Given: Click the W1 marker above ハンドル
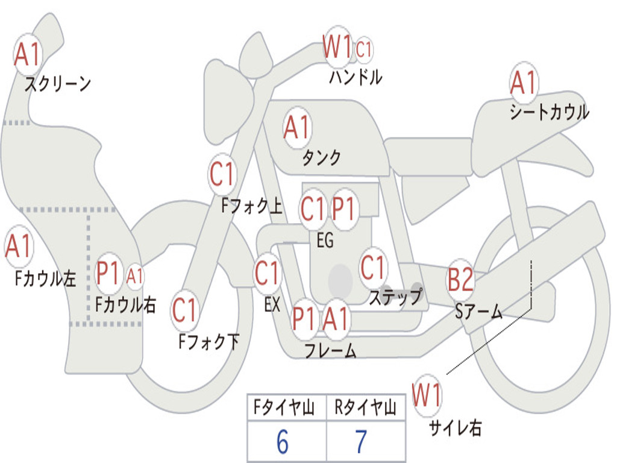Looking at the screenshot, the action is [337, 47].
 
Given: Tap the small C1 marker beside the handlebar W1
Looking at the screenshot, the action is [363, 50].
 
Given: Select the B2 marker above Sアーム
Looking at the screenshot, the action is [460, 280].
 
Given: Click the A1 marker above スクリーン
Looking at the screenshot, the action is [28, 54].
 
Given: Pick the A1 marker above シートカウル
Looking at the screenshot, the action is [524, 82].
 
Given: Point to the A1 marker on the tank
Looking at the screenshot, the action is [298, 128].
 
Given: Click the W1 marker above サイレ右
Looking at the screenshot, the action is [427, 395].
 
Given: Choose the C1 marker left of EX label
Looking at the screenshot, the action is [267, 273].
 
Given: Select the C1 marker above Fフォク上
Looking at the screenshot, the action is [222, 174].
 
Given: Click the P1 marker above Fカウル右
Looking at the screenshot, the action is [108, 273].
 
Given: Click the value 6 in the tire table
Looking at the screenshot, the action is [283, 442].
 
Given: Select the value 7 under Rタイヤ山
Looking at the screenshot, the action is [362, 442].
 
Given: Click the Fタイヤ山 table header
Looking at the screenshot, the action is [284, 408].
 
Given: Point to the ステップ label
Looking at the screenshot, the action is [395, 297].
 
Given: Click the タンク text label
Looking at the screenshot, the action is [321, 158].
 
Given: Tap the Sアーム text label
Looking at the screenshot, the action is [478, 312].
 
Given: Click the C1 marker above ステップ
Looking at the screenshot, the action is [372, 268].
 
